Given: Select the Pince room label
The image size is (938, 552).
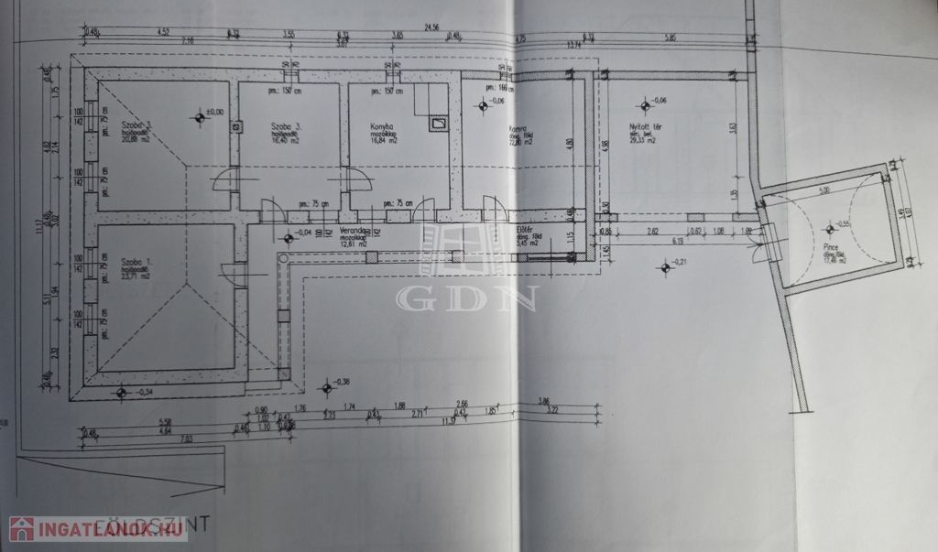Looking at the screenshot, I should tap(833, 248).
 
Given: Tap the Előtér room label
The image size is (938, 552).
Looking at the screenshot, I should tap(524, 232).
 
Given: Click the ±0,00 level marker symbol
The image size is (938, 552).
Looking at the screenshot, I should tap(201, 116).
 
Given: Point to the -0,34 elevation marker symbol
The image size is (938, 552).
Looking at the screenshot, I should tap(121, 393).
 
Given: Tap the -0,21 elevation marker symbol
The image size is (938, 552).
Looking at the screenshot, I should tap(664, 266).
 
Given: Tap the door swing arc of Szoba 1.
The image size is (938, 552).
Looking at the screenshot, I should tap(227, 272).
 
